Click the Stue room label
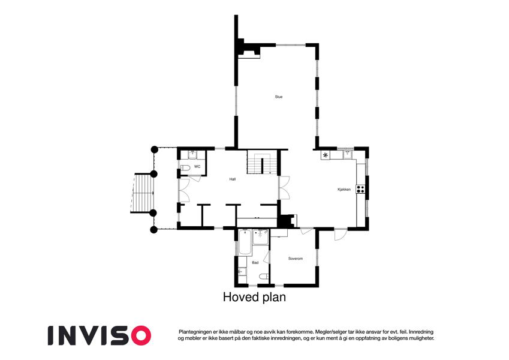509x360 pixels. click(x=279, y=97)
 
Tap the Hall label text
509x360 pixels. click(x=233, y=179)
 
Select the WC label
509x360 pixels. click(x=197, y=167)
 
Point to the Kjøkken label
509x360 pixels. click(x=344, y=190)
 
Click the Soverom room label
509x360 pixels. click(x=296, y=259)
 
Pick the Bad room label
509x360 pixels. click(x=255, y=263)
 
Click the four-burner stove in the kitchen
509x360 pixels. click(x=361, y=189)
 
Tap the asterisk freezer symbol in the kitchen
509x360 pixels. click(x=326, y=155)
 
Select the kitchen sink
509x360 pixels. click(x=348, y=154)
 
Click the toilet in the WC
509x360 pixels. click(x=185, y=168)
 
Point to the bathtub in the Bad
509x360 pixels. click(x=245, y=242)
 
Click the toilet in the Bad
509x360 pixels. click(x=264, y=277)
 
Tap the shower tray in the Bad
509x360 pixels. click(x=260, y=237)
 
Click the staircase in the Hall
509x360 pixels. click(x=262, y=162)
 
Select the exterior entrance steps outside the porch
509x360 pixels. click(x=143, y=193)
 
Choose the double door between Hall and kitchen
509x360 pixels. click(x=284, y=187)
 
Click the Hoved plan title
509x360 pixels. click(x=254, y=297)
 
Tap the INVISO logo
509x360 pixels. click(x=100, y=335)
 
